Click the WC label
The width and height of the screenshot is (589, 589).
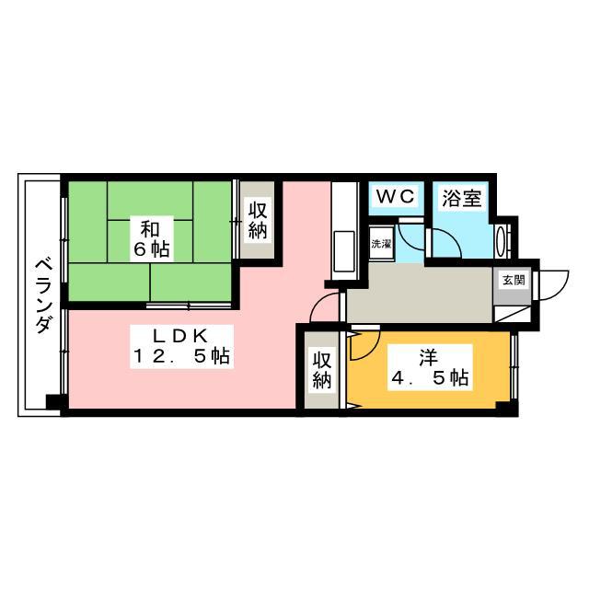pos(396,196)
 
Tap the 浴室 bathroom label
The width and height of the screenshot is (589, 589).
pos(461,199)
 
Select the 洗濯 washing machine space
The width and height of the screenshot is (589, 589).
pos(381,244)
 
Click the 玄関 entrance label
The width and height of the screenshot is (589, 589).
pos(514,280)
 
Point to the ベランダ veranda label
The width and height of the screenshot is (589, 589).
pos(43,296)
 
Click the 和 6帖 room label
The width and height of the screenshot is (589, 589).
pos(152,239)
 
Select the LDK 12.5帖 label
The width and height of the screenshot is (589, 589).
pos(181,346)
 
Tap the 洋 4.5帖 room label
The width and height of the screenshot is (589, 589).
pos(430,367)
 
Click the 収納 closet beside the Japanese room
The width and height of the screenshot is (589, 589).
pos(258,221)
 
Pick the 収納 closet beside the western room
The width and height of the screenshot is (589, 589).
pos(322,370)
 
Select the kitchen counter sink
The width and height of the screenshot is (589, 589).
pos(343,255)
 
